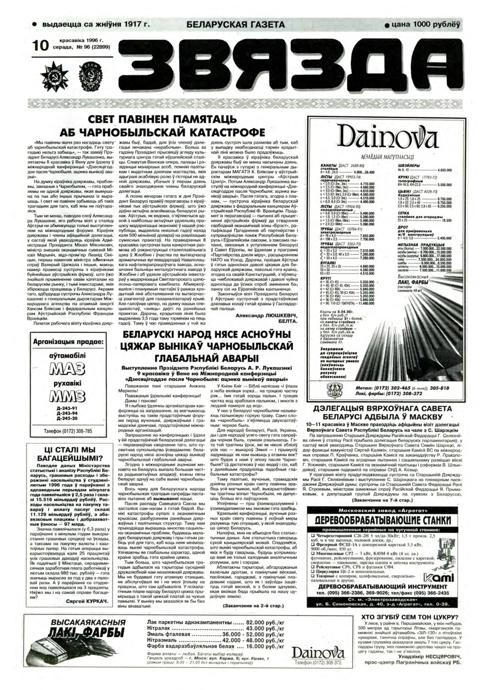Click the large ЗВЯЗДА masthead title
point(290,66)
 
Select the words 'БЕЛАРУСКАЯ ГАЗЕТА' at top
point(236,25)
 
